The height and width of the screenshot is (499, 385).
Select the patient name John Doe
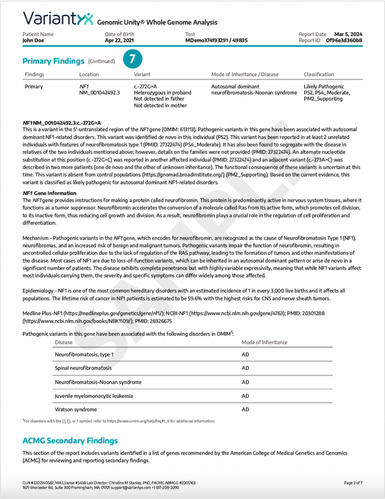point(34,40)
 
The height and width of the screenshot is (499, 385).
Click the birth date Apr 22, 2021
point(119,40)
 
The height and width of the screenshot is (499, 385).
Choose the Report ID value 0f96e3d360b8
point(344,40)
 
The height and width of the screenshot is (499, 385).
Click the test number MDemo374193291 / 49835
point(216,40)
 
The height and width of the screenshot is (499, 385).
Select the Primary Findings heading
point(53,61)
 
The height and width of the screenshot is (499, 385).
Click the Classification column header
point(319,75)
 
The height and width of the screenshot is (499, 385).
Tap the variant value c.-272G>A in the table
point(145,87)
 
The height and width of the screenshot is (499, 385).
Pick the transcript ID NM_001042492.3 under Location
point(100,93)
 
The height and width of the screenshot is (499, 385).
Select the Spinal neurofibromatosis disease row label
point(83,368)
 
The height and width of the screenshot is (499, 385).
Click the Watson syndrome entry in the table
point(76,409)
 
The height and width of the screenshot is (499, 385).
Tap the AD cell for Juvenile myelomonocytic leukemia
point(245,396)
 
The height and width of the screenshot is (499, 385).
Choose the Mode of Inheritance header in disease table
point(264,342)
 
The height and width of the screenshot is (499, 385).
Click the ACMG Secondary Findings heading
point(70,441)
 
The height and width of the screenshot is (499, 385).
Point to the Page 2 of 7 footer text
point(353,482)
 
